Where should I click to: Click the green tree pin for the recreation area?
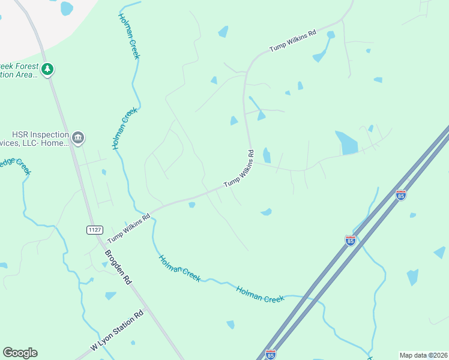pos(47,70)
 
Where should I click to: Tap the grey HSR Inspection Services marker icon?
pos(77,139)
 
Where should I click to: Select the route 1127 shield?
pos(94,230)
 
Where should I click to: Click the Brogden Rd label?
pos(118,267)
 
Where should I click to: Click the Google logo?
pos(20,353)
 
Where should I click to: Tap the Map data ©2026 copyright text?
pos(423,355)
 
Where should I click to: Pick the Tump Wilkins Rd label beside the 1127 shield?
pos(128,228)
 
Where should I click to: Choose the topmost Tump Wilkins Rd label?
pos(292,41)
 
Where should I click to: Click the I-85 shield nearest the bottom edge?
pos(271,355)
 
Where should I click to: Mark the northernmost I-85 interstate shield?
pos(401,194)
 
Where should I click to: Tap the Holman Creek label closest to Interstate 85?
pos(259,294)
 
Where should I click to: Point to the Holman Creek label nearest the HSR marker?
pos(124,128)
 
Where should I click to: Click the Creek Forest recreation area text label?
pos(19,70)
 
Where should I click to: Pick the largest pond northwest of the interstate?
pos(346,143)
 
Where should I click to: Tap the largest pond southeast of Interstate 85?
pos(412,277)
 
